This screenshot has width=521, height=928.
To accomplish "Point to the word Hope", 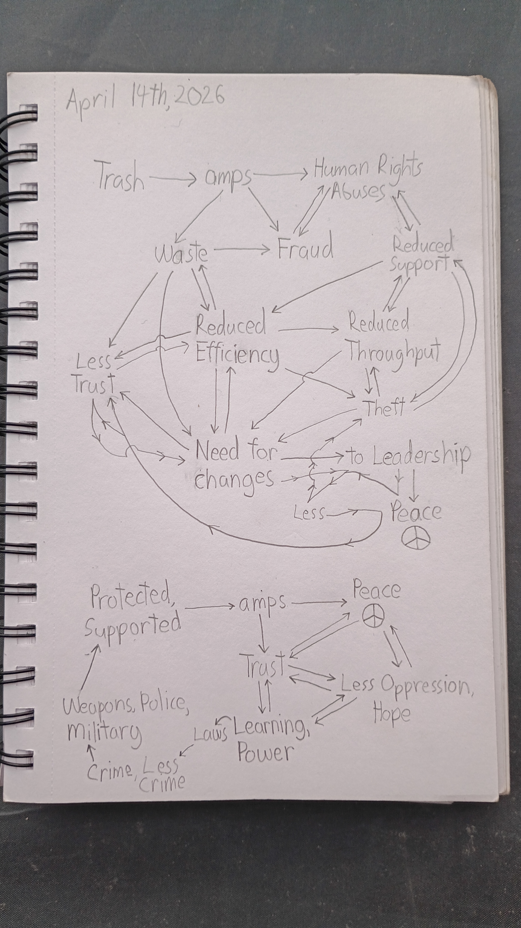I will [392, 714].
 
